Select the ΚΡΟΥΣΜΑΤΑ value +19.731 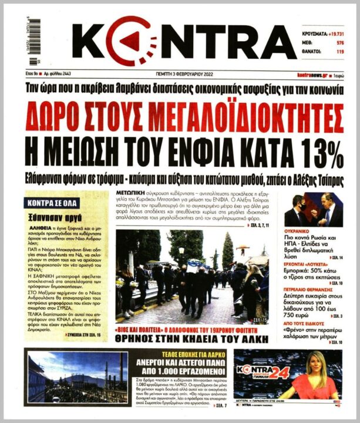(337, 34)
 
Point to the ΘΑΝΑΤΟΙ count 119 (339, 51)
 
